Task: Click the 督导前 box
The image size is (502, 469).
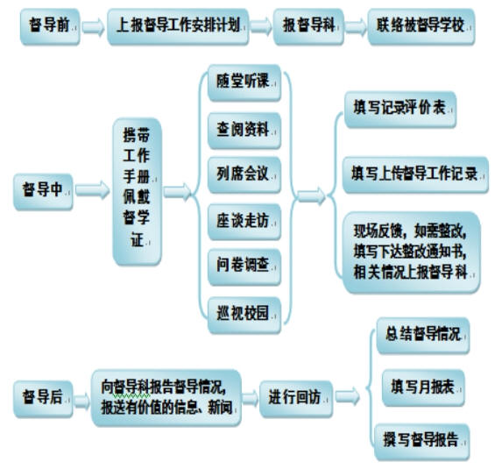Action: pos(50,26)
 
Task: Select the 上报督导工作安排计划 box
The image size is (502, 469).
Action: pos(178,26)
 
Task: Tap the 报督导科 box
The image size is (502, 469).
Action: pos(308,26)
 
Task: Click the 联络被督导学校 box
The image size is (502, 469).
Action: pos(421,26)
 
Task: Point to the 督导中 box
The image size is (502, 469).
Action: pos(43,192)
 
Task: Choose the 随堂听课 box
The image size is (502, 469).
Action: pos(244,82)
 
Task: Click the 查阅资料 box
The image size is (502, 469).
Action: pos(244,131)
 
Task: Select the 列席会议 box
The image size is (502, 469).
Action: pos(244,175)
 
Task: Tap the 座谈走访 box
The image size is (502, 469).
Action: pos(244,222)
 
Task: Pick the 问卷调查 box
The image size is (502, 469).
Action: pos(244,267)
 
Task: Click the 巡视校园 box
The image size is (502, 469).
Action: pos(244,316)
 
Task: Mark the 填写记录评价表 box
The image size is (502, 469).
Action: pos(400,110)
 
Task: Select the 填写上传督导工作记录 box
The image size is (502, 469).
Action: pos(415,175)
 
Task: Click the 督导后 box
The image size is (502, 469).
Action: pos(43,399)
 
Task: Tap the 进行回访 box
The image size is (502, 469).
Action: pos(296,399)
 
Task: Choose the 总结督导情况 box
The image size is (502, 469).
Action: pos(423,336)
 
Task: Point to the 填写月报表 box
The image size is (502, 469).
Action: pos(423,388)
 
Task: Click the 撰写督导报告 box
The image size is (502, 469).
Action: pos(422,442)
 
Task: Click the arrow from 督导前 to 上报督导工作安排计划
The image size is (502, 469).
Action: pos(93,26)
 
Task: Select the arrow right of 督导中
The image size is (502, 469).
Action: pos(93,190)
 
